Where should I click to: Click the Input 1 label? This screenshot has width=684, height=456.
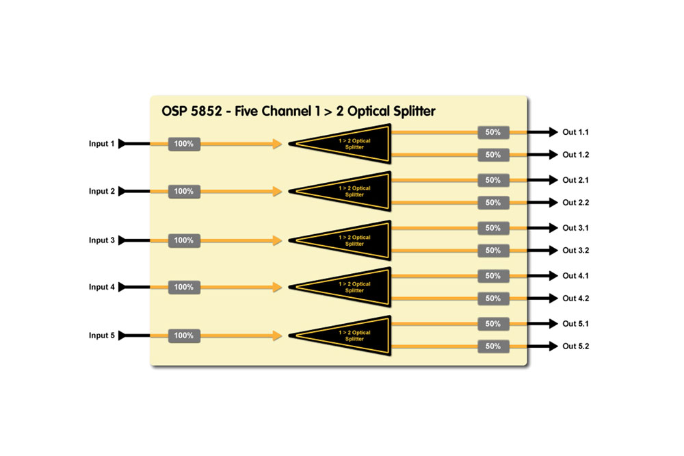[x=101, y=144]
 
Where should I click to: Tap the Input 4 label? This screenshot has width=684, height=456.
[x=101, y=288]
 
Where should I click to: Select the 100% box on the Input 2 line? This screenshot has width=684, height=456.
[x=184, y=192]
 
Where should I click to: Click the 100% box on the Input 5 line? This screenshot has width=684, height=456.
[x=184, y=336]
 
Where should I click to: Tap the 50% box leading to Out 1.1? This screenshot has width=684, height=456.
[x=493, y=131]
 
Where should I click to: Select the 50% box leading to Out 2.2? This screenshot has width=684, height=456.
[x=493, y=203]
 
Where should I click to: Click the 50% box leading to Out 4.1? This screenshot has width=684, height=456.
[x=493, y=275]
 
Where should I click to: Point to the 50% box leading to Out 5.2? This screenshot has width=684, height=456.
[x=493, y=346]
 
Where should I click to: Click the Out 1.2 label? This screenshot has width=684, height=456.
[x=576, y=155]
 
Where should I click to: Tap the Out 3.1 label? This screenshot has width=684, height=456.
[x=576, y=228]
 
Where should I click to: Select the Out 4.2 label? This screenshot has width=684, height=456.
[x=576, y=299]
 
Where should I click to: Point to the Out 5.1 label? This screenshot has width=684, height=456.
[x=576, y=323]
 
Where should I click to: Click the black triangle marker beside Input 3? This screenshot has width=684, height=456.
[x=122, y=240]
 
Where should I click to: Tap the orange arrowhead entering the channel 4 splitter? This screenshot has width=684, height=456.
[x=277, y=288]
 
